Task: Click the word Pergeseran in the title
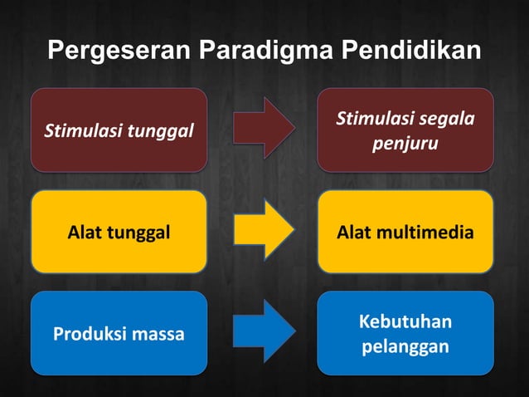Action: (120, 51)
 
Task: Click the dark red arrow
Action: (263, 130)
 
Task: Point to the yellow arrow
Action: (263, 232)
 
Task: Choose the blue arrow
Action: (263, 333)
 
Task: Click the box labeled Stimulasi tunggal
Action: (119, 130)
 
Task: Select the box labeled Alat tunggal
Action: (119, 232)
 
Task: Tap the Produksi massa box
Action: (119, 333)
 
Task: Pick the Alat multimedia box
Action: (405, 232)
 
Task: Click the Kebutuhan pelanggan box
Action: (405, 333)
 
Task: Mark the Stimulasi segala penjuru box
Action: (405, 130)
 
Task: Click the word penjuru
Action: (405, 145)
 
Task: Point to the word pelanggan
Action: (405, 346)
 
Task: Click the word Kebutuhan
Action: (405, 321)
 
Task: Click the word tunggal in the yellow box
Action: (138, 233)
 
